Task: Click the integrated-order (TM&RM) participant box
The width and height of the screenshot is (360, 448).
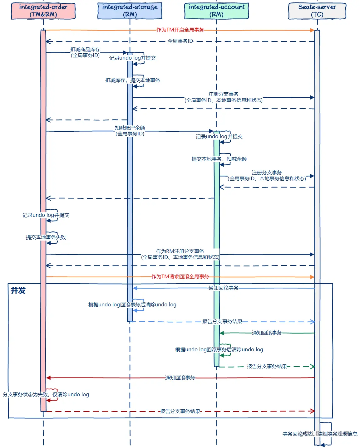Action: pos(43,11)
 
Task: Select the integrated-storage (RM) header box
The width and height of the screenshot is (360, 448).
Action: pos(130,11)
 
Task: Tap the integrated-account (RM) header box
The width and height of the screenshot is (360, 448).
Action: pos(216,11)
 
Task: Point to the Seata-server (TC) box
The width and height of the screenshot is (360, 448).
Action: pos(317,11)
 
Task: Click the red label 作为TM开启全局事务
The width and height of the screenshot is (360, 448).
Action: pos(180,30)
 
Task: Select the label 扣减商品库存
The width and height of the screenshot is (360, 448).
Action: pos(85,50)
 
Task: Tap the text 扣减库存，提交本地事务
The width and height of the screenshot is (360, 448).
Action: pos(132,80)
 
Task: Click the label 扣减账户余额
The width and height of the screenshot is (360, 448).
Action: pos(130,128)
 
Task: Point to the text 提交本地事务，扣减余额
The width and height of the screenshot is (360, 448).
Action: pos(219,159)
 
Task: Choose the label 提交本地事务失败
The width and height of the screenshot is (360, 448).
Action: pos(46,237)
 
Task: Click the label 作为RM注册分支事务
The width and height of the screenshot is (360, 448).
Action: pos(180,251)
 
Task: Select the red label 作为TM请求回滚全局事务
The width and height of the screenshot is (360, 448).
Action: pos(180,277)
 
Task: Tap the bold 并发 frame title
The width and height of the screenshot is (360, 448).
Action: pos(18,291)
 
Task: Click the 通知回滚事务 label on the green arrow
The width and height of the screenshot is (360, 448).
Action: pos(267,333)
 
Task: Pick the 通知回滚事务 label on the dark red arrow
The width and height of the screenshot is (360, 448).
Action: pos(180,378)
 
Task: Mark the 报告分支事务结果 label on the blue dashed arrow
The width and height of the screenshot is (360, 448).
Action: pos(222,322)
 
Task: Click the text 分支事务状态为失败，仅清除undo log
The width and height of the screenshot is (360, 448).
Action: pos(46,395)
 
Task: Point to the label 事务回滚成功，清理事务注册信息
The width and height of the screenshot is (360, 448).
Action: pos(320,434)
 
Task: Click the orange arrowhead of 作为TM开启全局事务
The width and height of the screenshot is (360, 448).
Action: pos(312,30)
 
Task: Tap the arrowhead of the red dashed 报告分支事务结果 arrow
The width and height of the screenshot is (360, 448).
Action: pos(312,411)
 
